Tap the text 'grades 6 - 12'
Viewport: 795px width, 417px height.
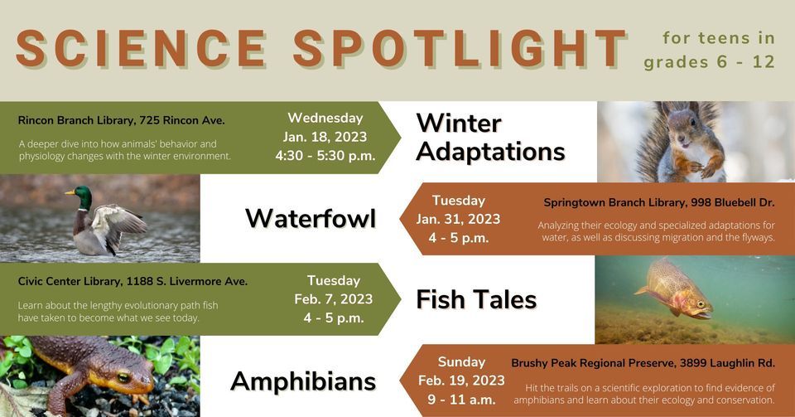[x=709, y=63]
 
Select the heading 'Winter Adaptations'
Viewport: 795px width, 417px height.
[x=490, y=138]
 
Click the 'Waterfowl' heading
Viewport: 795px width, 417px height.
[x=311, y=218]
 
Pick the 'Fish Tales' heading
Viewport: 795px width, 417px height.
[x=476, y=299]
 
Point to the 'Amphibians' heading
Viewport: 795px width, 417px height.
[x=303, y=381]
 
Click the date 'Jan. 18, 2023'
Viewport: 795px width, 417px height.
[x=325, y=137]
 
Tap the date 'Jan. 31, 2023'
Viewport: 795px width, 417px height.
[x=458, y=219]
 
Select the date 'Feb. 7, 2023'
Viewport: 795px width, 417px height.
[x=333, y=299]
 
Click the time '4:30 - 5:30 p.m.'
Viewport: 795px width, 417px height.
[x=325, y=155]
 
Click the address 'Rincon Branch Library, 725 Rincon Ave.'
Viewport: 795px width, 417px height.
[x=121, y=121]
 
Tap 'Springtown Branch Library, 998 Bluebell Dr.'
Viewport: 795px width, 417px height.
[x=658, y=202]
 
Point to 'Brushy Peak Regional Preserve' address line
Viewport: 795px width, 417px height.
[x=643, y=363]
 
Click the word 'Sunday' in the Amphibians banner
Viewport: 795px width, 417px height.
[x=461, y=362]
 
